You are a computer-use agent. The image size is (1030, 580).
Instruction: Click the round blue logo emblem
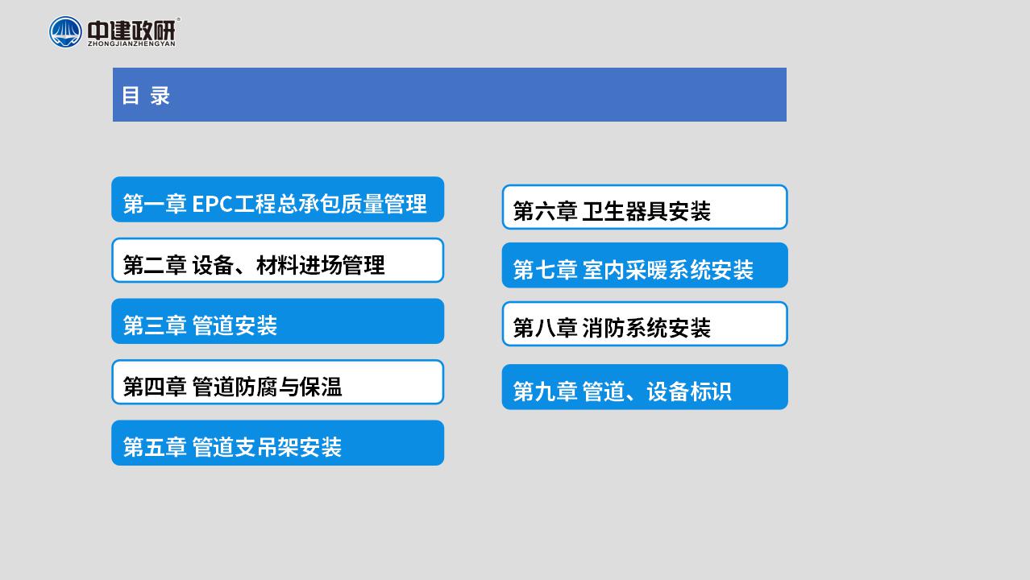65,31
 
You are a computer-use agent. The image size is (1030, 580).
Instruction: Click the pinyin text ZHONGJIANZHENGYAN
131,43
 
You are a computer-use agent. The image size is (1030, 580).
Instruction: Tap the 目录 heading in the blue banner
146,96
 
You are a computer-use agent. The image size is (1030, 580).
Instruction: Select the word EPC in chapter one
212,204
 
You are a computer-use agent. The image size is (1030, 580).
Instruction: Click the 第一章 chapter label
155,204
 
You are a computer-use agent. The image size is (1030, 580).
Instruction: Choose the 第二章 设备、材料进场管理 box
278,260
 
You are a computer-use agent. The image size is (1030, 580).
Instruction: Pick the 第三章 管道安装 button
278,321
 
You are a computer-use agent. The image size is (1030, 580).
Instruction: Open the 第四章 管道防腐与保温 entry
278,382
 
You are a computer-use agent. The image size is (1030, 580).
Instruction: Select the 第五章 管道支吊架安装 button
278,443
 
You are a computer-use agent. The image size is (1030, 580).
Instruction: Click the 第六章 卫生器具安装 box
645,207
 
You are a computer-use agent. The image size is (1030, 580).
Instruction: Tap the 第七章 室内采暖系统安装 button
645,265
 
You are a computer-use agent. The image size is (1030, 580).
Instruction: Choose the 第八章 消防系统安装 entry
645,324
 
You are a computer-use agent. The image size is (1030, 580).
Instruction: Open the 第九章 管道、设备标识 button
645,387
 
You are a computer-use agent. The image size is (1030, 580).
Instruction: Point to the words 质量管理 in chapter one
384,204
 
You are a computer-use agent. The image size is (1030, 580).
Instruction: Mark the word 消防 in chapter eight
604,328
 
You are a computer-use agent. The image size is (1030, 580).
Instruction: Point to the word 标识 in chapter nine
710,391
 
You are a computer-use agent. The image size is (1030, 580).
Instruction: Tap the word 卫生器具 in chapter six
625,211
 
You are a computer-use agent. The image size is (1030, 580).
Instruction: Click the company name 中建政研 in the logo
131,30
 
